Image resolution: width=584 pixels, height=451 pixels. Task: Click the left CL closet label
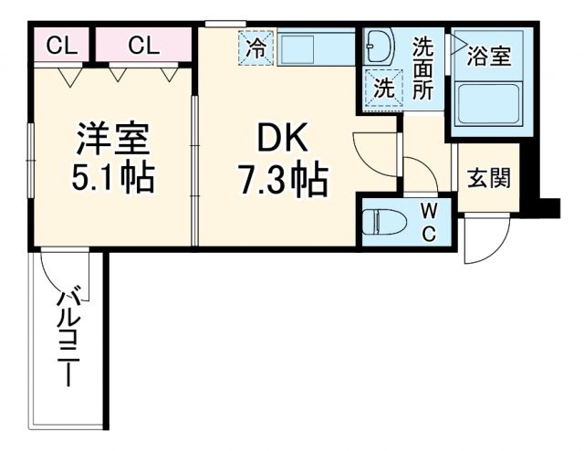pyautogui.click(x=61, y=47)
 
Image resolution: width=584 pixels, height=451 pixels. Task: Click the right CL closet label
pyautogui.click(x=143, y=47)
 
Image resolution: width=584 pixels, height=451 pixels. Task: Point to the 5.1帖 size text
pyautogui.click(x=113, y=176)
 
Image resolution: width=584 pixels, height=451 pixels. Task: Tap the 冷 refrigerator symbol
pyautogui.click(x=257, y=48)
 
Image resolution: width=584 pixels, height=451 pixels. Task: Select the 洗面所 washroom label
pyautogui.click(x=423, y=68)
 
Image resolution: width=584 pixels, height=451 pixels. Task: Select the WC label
pyautogui.click(x=428, y=222)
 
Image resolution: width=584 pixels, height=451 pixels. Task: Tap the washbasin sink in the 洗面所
pyautogui.click(x=378, y=46)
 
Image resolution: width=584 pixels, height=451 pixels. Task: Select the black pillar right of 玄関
pyautogui.click(x=548, y=207)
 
